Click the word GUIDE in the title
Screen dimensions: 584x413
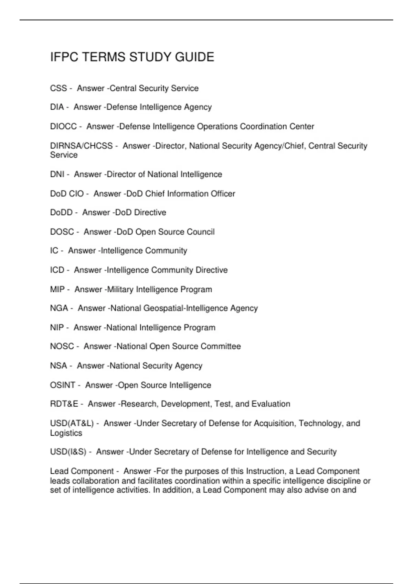click(x=194, y=57)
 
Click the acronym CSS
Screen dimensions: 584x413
click(x=59, y=88)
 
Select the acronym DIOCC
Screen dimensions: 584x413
click(x=63, y=126)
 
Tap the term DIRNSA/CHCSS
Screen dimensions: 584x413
click(x=81, y=146)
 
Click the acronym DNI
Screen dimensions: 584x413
click(x=57, y=175)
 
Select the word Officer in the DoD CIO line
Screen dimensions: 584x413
click(x=221, y=194)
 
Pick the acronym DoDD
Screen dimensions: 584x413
click(x=61, y=213)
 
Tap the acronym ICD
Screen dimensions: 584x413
click(x=57, y=270)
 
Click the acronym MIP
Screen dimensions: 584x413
click(x=57, y=290)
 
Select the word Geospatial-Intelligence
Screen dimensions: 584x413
click(x=186, y=308)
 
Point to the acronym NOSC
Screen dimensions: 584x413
click(x=62, y=346)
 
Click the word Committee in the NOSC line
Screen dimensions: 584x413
click(x=221, y=346)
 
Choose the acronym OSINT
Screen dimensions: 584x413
click(x=63, y=385)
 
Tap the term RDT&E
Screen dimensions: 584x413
click(x=64, y=404)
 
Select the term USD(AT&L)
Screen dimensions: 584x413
click(x=72, y=423)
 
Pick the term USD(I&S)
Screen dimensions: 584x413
click(x=68, y=452)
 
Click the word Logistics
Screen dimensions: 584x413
click(x=66, y=433)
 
